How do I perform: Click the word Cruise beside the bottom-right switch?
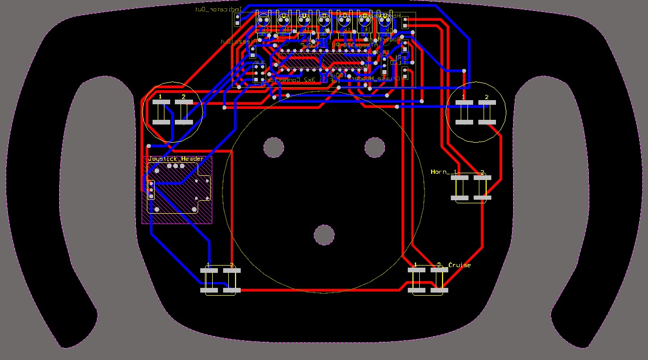point(460,265)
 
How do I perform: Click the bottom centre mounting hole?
point(324,235)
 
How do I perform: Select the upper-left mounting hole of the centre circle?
point(273,148)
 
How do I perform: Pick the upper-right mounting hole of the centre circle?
point(375,148)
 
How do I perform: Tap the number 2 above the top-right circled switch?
point(487,97)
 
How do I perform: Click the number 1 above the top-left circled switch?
point(160,97)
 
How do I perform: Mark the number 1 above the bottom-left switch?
point(208,265)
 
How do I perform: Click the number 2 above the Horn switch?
point(482,172)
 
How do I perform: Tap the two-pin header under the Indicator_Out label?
point(238,20)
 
